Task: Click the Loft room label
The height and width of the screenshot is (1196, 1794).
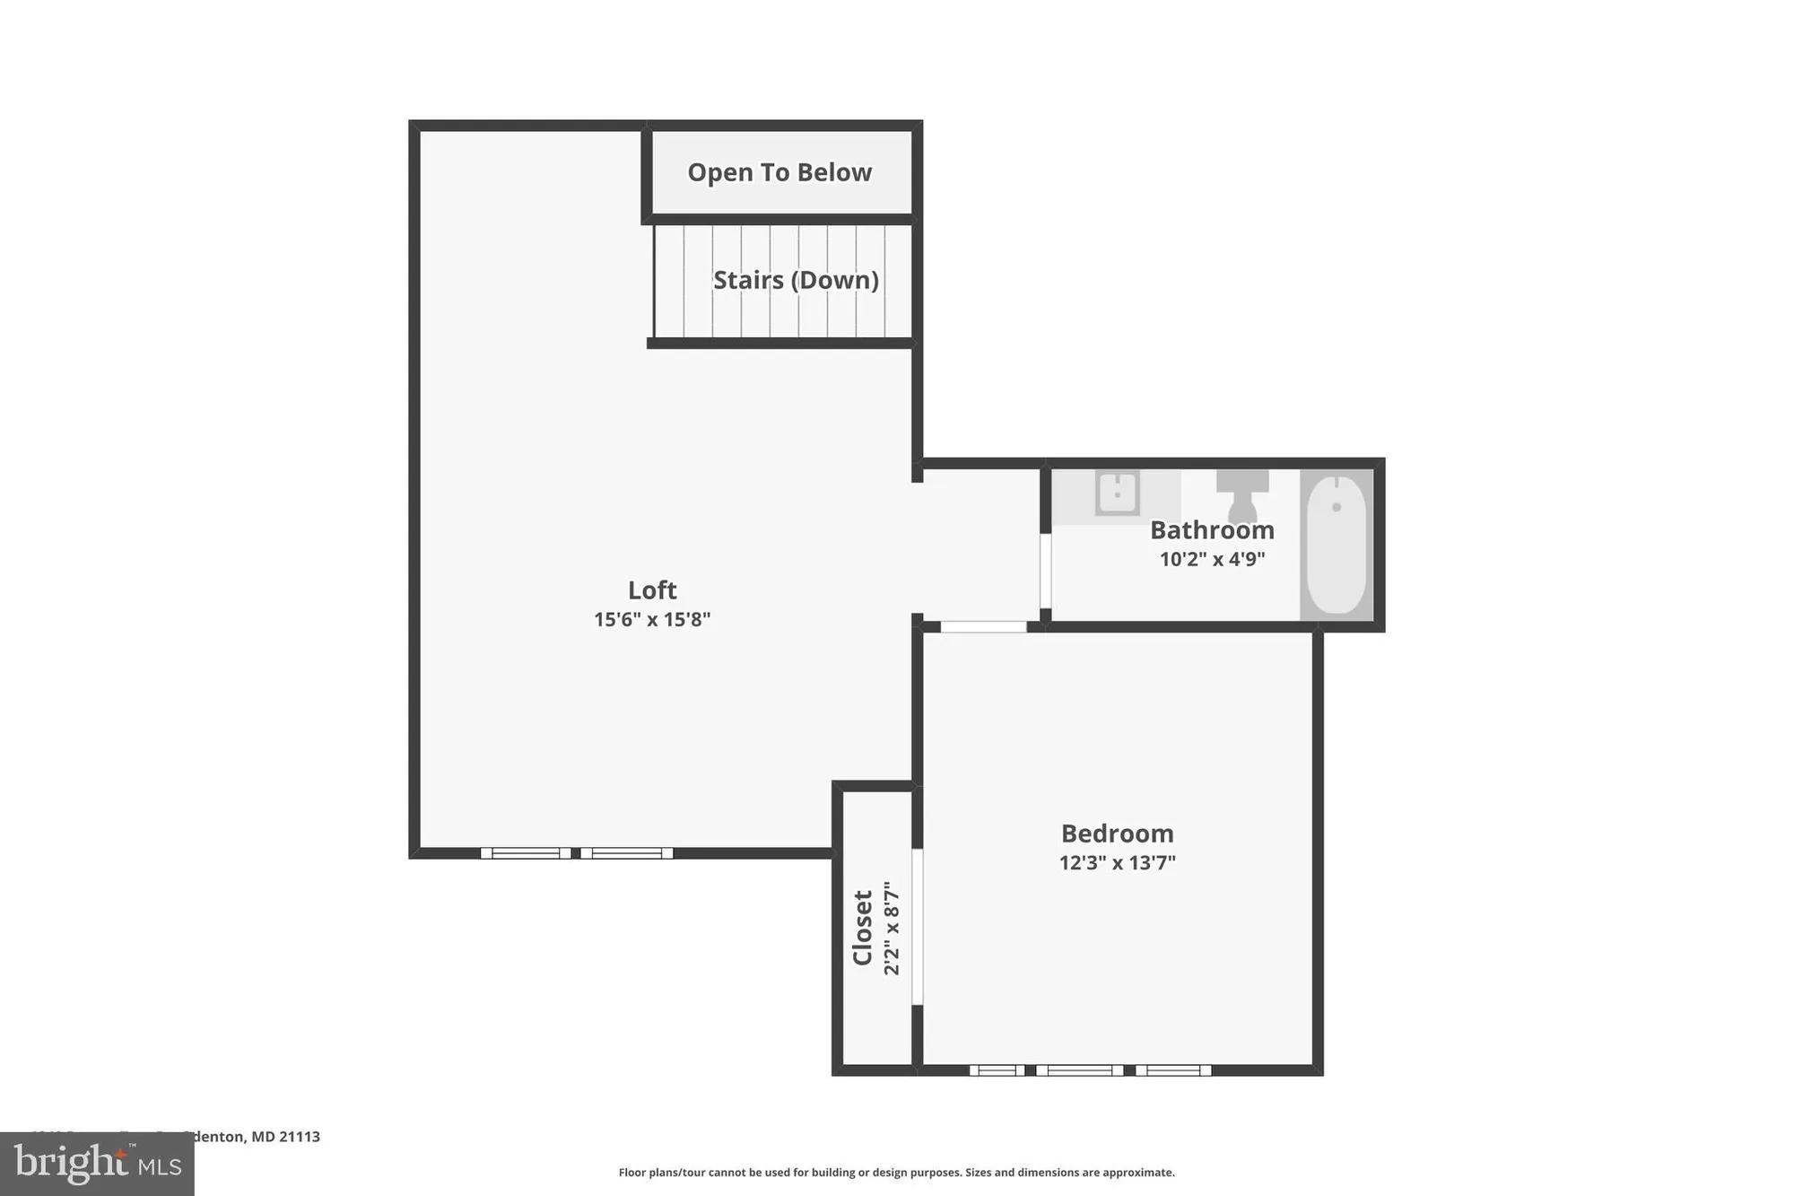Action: (652, 589)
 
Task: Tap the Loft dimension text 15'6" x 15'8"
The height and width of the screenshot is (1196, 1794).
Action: (652, 619)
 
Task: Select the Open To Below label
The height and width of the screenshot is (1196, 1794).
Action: (779, 172)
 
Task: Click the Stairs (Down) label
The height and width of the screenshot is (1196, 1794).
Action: (795, 280)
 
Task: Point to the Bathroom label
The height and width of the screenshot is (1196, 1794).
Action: (1212, 529)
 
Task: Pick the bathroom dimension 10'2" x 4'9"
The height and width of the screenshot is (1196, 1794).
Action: (1212, 559)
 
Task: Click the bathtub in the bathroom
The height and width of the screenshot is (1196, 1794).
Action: (1336, 545)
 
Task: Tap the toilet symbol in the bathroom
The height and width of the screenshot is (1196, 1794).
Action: (1242, 494)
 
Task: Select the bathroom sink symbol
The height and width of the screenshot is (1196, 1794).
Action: (1117, 493)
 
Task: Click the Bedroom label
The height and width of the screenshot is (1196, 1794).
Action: (1117, 834)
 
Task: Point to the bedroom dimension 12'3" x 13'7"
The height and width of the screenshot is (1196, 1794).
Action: (1117, 862)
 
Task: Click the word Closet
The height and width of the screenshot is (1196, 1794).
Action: (863, 928)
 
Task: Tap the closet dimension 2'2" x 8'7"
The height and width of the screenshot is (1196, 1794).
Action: (892, 928)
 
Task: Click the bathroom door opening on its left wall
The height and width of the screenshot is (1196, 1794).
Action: (1045, 571)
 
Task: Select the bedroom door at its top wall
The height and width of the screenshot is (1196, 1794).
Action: (983, 627)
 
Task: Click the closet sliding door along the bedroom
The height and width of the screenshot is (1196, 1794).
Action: (917, 926)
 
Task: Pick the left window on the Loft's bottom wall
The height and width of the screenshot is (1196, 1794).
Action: (526, 853)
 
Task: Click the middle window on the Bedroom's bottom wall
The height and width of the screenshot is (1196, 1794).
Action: (1079, 1069)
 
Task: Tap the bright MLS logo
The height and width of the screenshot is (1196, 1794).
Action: (97, 1165)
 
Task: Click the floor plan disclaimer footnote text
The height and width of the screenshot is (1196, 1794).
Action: (896, 1172)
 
